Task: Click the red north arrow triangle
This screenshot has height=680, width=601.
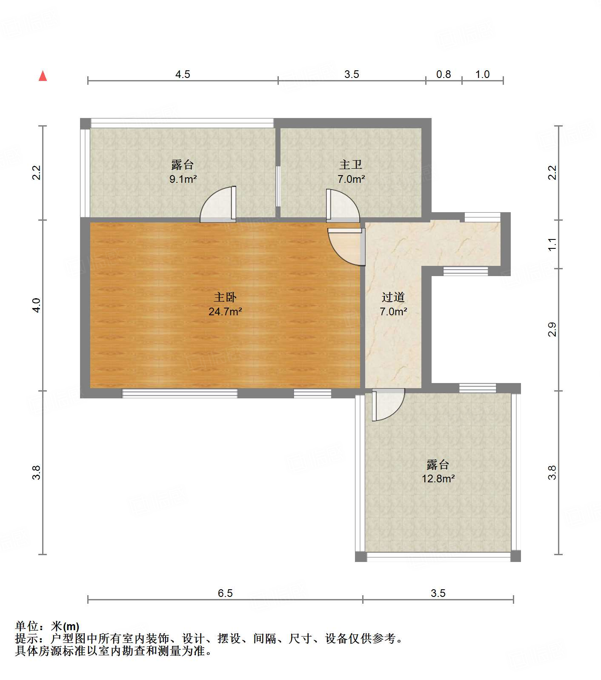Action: pos(43,76)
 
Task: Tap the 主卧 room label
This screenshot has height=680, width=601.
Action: pos(225,297)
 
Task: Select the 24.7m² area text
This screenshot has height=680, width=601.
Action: pos(225,311)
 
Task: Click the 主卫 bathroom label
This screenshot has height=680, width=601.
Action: pos(351,164)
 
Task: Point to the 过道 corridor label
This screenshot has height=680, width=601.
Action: pos(393,297)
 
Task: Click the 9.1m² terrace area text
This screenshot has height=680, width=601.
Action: pos(183,179)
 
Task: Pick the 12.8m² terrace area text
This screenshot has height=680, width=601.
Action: pos(438,478)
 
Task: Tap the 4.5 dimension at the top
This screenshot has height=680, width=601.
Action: pos(183,75)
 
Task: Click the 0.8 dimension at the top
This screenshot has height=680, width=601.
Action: pos(444,75)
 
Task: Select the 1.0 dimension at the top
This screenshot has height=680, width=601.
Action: pos(482,75)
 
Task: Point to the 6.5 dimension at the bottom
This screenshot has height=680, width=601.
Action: pos(225,593)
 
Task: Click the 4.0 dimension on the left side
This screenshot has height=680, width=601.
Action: pos(37,305)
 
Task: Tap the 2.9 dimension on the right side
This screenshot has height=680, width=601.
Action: pos(552,329)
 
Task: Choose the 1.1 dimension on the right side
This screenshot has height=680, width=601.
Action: pos(552,244)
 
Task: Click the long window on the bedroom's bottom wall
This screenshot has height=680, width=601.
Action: pos(180,393)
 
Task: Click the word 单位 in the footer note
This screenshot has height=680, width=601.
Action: pos(27,626)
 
